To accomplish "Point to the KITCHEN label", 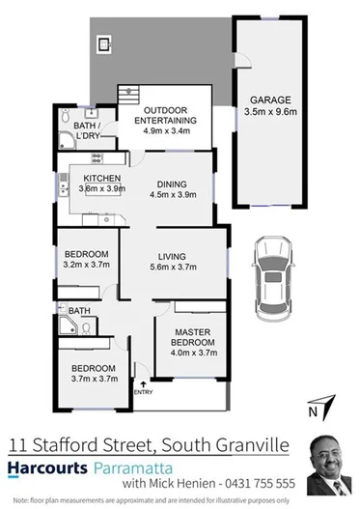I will pyautogui.click(x=101, y=179).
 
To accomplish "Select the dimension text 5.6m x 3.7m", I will pyautogui.click(x=175, y=269).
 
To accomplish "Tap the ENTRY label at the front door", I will pyautogui.click(x=142, y=391).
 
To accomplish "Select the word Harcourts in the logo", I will pyautogui.click(x=44, y=464).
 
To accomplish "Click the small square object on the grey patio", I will pyautogui.click(x=101, y=42).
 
